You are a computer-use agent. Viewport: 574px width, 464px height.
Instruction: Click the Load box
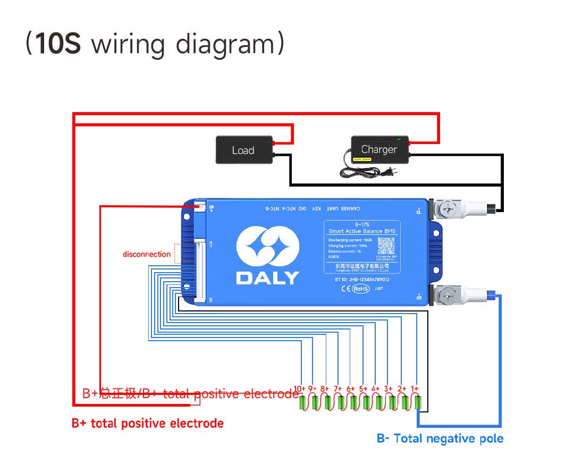pyautogui.click(x=243, y=150)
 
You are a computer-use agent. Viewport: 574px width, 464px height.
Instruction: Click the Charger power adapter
pyautogui.click(x=379, y=149)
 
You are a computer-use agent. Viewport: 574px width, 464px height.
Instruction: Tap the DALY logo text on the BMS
pyautogui.click(x=267, y=277)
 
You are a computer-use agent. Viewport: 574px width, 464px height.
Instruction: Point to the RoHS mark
pyautogui.click(x=360, y=289)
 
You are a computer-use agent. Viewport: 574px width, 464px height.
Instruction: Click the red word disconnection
pyautogui.click(x=147, y=254)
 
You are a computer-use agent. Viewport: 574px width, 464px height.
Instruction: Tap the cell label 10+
pyautogui.click(x=299, y=389)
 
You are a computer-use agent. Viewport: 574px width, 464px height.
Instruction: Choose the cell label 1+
pyautogui.click(x=414, y=389)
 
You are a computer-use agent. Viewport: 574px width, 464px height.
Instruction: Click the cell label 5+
pyautogui.click(x=363, y=389)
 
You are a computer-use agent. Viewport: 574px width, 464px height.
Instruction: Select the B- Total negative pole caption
pyautogui.click(x=440, y=438)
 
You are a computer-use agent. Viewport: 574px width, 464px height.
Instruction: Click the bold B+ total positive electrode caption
pyautogui.click(x=147, y=424)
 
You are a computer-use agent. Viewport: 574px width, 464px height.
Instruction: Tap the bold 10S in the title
pyautogui.click(x=58, y=44)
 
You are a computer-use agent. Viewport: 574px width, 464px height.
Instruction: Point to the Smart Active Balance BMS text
pyautogui.click(x=362, y=231)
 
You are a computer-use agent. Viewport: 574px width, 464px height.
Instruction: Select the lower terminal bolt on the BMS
pyautogui.click(x=449, y=294)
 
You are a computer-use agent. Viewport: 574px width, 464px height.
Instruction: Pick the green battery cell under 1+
pyautogui.click(x=418, y=403)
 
